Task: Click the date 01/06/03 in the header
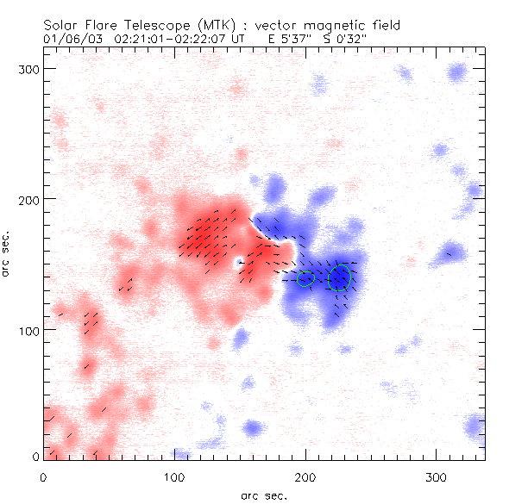coord(68,39)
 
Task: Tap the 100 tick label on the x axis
coord(174,476)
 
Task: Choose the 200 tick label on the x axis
coord(305,476)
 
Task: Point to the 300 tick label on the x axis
coord(437,476)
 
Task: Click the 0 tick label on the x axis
coord(43,476)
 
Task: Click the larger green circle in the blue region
coord(341,277)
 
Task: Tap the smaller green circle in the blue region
coord(305,278)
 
